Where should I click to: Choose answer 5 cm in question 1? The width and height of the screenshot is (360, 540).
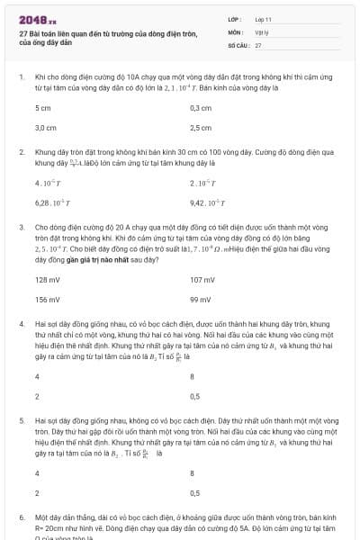coord(42,108)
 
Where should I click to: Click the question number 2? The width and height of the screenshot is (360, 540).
coord(21,153)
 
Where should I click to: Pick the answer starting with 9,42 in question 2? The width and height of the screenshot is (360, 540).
coord(206,203)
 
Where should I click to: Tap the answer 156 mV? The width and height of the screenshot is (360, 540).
coord(47,300)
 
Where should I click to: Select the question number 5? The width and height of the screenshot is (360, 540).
coord(21,419)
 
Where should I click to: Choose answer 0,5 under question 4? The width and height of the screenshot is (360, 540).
coord(194,396)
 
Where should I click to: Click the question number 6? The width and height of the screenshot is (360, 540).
coord(21,518)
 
